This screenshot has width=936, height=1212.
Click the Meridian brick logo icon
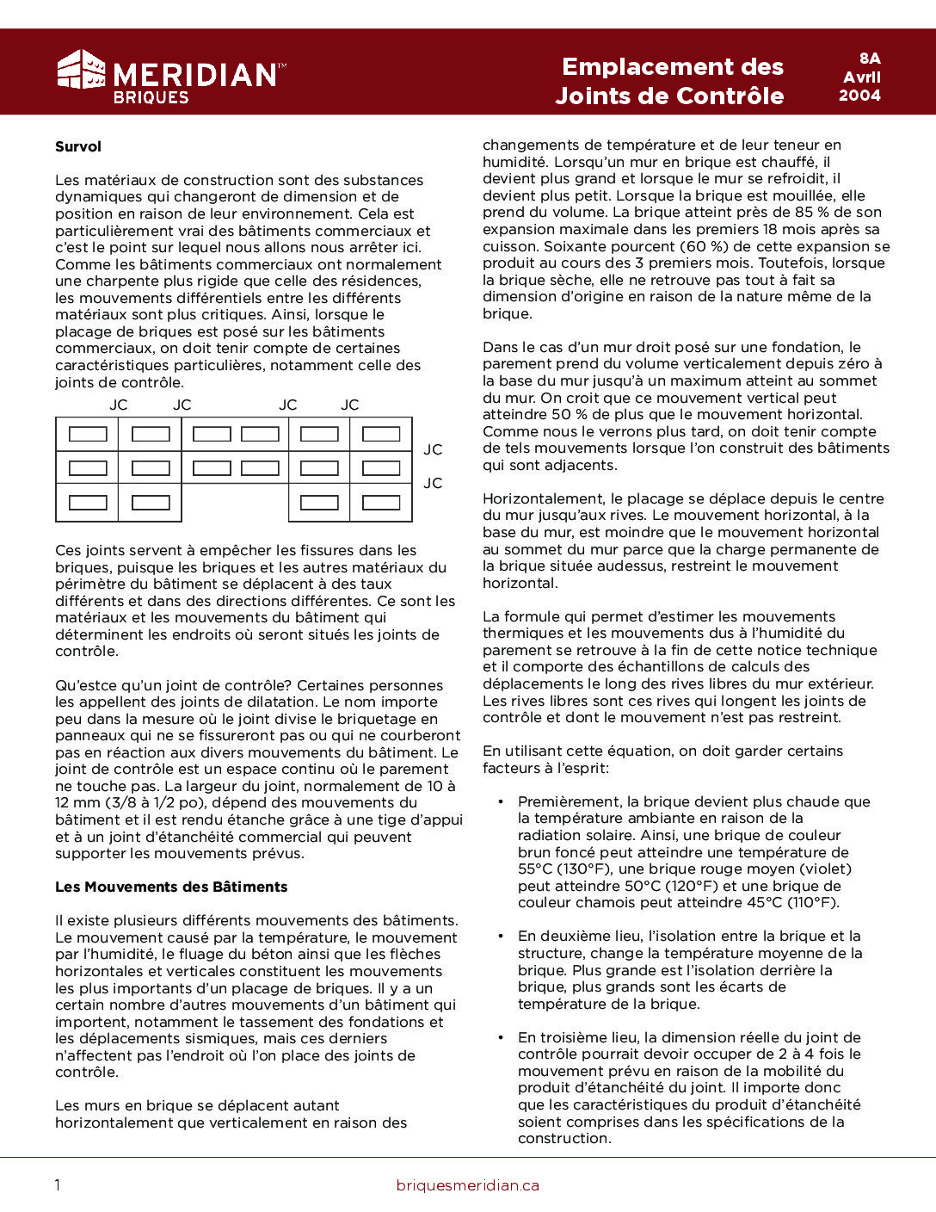click(81, 70)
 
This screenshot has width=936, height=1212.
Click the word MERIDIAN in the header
click(194, 75)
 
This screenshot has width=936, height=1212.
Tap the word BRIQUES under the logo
click(151, 97)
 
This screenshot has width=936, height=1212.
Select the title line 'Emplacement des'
click(672, 67)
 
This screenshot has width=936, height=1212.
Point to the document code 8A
click(870, 59)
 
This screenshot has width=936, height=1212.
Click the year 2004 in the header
click(859, 96)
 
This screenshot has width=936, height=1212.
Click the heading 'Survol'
click(78, 146)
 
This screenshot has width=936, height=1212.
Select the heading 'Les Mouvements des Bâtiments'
click(171, 887)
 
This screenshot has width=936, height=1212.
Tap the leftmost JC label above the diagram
click(118, 405)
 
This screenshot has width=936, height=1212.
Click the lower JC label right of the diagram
click(433, 483)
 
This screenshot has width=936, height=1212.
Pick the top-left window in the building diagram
click(88, 434)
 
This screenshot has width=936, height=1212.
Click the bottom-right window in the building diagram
click(381, 503)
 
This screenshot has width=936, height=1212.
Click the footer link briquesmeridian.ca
click(467, 1185)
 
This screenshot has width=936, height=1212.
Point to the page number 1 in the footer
click(58, 1185)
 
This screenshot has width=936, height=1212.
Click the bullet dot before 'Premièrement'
click(501, 802)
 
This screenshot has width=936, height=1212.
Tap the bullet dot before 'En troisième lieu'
click(501, 1038)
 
